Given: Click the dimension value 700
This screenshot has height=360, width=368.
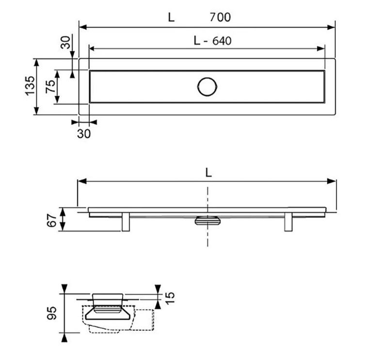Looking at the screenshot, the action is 220,17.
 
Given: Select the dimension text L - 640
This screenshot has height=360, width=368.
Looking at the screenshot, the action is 212,41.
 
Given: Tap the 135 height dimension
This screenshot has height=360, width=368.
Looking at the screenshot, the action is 30,86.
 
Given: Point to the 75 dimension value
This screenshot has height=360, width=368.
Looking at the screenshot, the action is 50,86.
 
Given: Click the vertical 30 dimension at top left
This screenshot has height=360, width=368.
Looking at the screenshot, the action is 65,42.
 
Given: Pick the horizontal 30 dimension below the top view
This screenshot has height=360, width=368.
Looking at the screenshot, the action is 84,133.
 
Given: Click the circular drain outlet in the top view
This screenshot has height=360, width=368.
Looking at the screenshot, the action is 207,87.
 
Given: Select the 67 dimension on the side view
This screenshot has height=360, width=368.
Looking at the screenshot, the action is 52,220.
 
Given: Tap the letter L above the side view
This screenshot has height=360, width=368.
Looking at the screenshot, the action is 208,173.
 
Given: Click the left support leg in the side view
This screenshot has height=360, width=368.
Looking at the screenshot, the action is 126,222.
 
